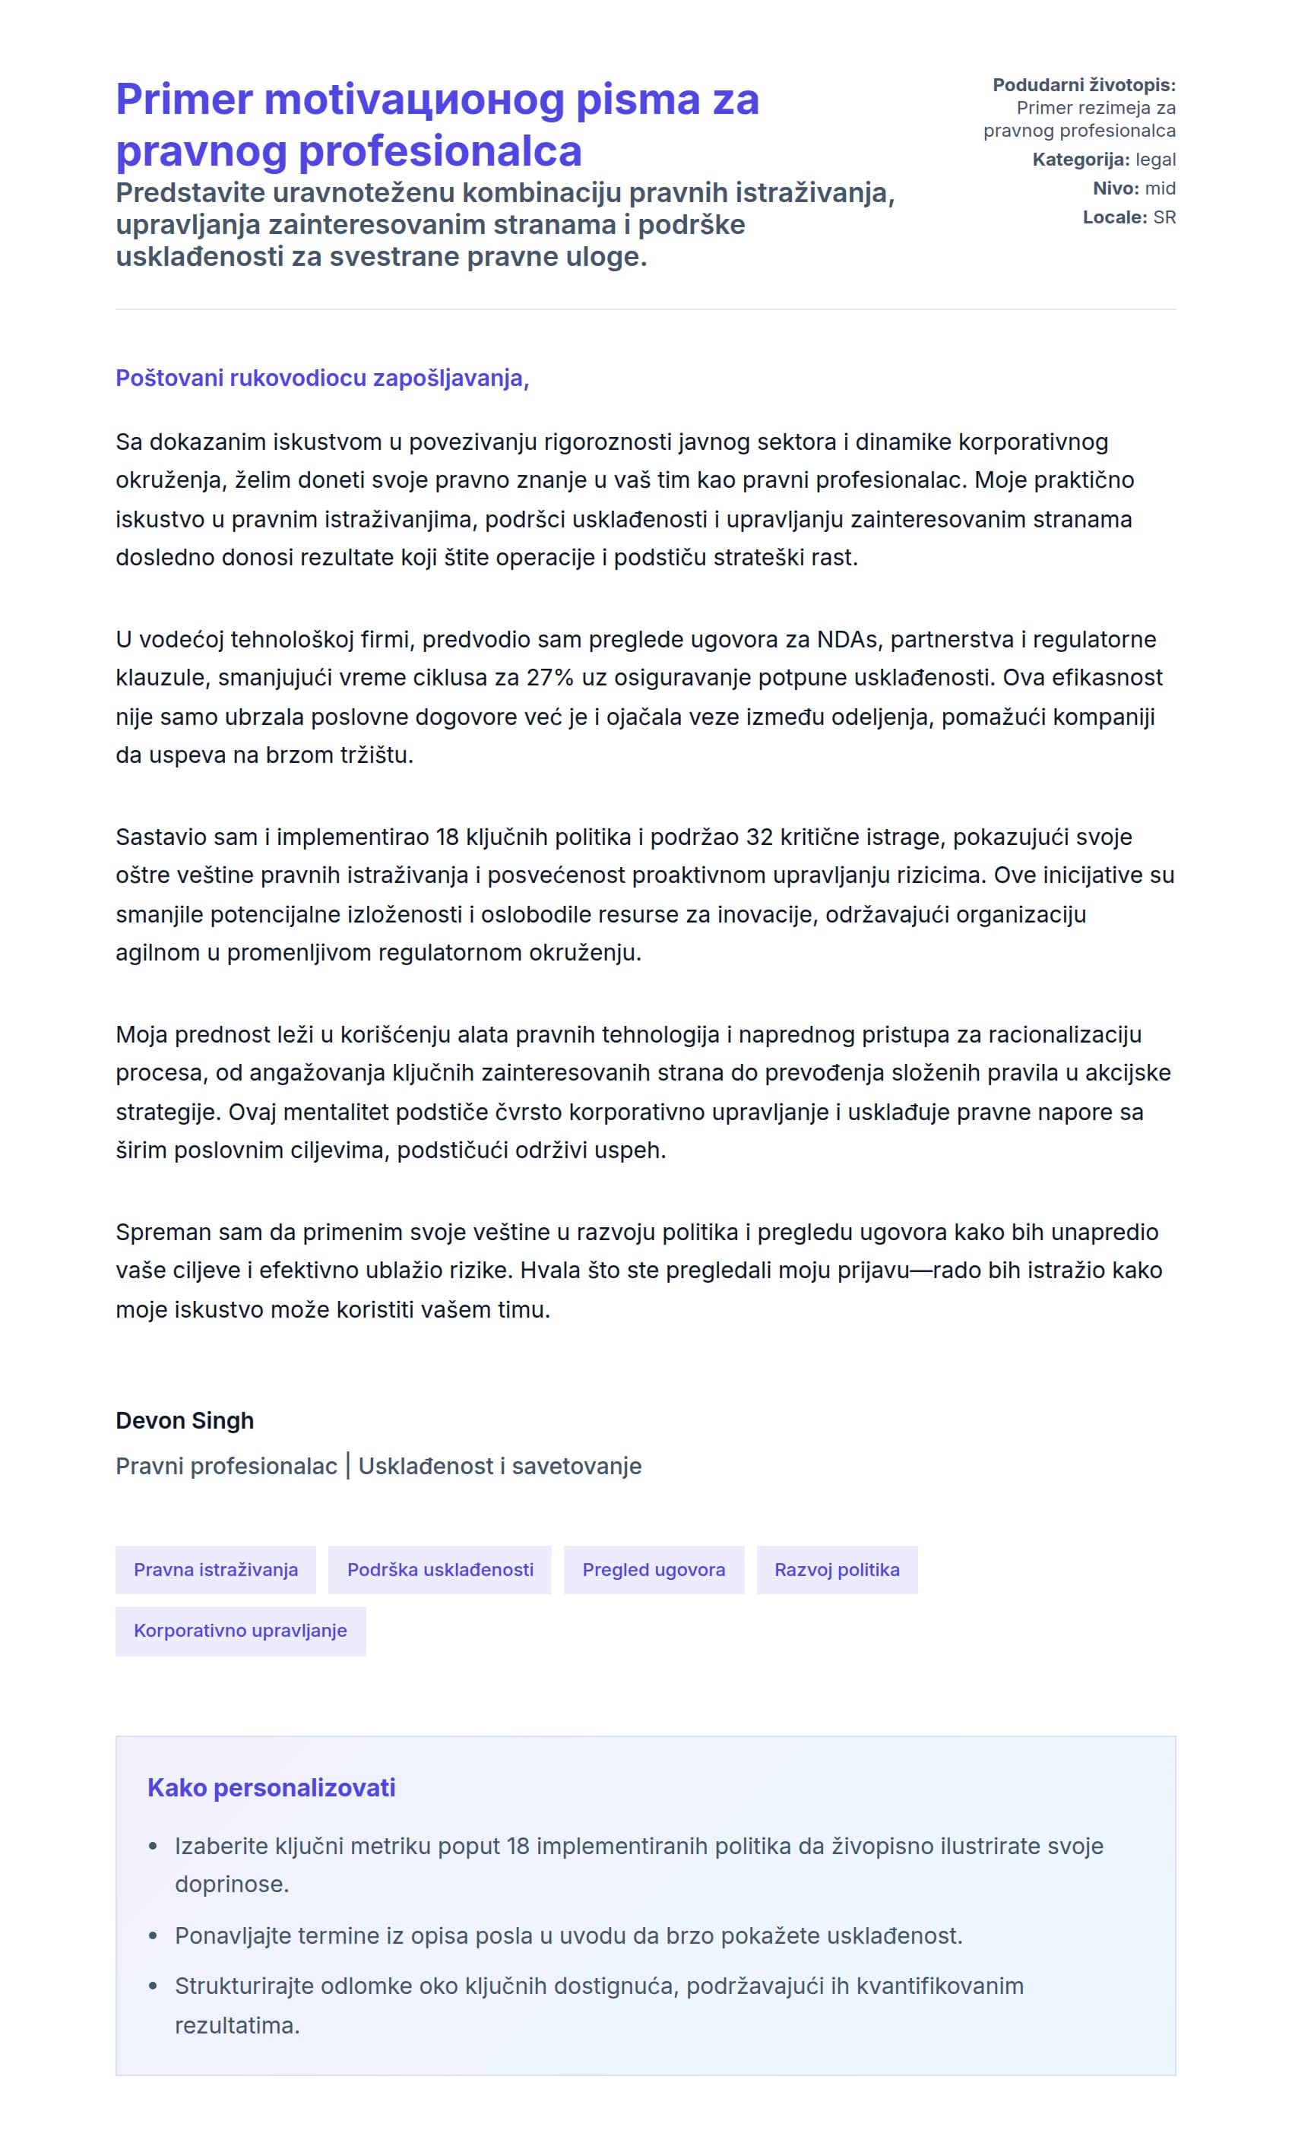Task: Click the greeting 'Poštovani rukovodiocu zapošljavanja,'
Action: point(322,378)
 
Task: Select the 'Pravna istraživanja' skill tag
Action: point(216,1569)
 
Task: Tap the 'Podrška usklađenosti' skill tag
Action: point(440,1569)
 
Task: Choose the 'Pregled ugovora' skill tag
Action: point(653,1569)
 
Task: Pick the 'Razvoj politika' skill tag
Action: point(837,1569)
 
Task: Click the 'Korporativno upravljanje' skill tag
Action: point(240,1630)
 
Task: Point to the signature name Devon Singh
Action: point(185,1419)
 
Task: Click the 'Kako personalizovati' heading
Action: point(271,1787)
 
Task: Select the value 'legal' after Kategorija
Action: point(1155,160)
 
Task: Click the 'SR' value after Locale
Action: point(1164,217)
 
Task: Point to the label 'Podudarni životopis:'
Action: point(1084,85)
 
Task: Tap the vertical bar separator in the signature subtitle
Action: point(348,1466)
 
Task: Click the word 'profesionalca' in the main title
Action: point(441,150)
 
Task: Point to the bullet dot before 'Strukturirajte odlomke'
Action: point(154,1986)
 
